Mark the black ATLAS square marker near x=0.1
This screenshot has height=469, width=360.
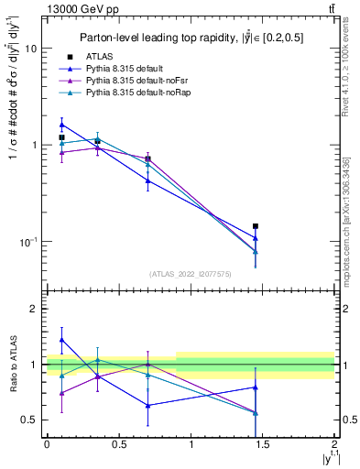click(x=61, y=137)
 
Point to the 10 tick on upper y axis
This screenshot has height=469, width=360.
click(x=31, y=49)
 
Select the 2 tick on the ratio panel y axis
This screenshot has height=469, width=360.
click(x=35, y=310)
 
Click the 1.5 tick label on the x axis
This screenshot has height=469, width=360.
click(x=263, y=443)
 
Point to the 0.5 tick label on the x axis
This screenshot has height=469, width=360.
click(x=118, y=443)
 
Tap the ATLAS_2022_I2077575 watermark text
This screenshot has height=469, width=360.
click(x=191, y=273)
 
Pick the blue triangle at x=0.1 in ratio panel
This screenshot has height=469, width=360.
click(x=61, y=340)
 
